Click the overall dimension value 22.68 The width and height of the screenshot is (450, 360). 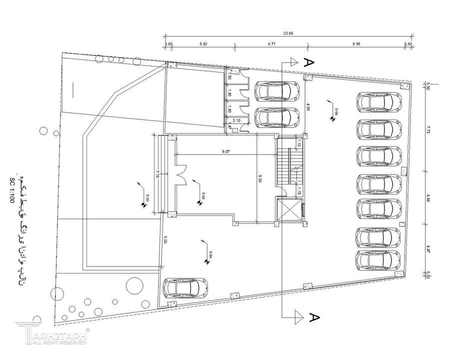[x=288, y=33]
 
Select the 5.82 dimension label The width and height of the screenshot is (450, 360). [x=203, y=44]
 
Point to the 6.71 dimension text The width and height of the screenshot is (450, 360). [x=272, y=44]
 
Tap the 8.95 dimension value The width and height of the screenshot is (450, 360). [x=356, y=44]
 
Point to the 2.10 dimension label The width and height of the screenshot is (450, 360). [x=237, y=120]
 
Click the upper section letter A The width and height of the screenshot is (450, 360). [x=309, y=62]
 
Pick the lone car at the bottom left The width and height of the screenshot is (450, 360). [x=185, y=288]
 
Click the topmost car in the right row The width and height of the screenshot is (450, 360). [x=379, y=102]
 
